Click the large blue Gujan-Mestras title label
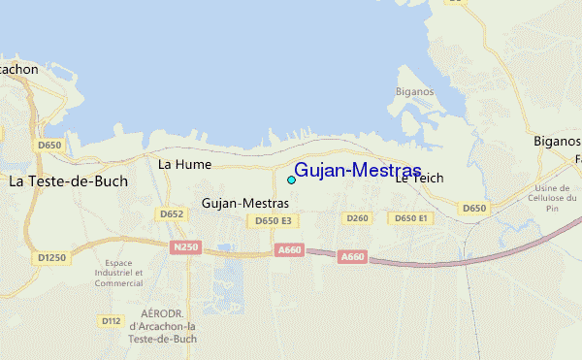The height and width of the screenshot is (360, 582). coord(357,171)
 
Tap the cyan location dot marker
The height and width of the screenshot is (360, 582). coord(291,180)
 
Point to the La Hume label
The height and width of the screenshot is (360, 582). coord(184,165)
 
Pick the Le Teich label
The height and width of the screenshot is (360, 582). coord(419,179)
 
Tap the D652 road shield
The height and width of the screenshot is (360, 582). coord(172,214)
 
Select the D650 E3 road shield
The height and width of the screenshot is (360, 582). coord(273,221)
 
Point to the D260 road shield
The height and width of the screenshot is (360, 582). coord(358,218)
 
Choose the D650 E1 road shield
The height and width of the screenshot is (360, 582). coord(409,218)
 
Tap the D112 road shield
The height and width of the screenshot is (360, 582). coord(111,320)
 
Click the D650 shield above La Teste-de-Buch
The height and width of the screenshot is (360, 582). coord(48,146)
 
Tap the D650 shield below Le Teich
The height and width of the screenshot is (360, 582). coord(473,209)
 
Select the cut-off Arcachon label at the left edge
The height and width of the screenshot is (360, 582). coord(16,69)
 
